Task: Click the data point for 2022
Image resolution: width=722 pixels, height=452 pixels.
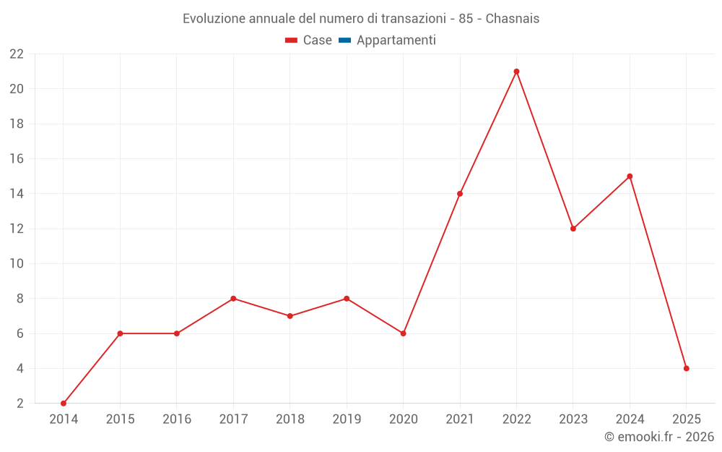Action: [x=516, y=72]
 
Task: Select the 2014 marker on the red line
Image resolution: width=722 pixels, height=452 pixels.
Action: [x=64, y=403]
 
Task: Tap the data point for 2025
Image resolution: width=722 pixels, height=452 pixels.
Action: [x=686, y=368]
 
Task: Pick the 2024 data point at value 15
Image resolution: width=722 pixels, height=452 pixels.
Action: [x=630, y=176]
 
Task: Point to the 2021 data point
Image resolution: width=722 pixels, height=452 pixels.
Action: [x=460, y=194]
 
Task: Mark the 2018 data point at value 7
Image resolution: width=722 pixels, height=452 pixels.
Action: [x=290, y=316]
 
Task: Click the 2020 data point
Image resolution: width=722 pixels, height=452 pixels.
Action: [x=403, y=333]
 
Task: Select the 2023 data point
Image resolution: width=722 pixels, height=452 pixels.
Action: [x=573, y=229]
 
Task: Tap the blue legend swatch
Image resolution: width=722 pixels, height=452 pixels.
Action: [x=344, y=40]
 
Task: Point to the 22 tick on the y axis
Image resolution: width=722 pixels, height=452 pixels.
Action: [x=17, y=54]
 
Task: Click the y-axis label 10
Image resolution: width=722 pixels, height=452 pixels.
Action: [x=17, y=264]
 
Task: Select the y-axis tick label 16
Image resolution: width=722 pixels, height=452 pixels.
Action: [x=17, y=159]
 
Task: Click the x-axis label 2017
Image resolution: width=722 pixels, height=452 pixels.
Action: [x=233, y=419]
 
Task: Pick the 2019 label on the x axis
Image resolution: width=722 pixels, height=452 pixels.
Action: [x=347, y=419]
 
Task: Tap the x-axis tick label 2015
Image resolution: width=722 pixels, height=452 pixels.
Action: [x=120, y=419]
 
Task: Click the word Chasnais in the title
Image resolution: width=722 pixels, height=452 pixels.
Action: [x=513, y=19]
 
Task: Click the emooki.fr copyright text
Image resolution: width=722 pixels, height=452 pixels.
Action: [x=659, y=437]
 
